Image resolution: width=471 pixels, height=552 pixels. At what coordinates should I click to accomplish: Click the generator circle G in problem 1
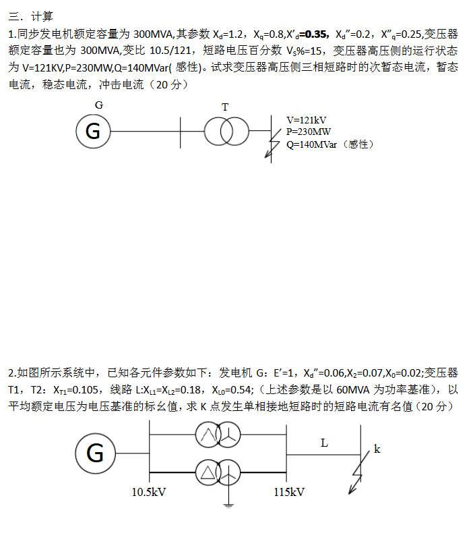point(93,132)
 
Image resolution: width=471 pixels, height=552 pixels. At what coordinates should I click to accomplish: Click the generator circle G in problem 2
point(95,453)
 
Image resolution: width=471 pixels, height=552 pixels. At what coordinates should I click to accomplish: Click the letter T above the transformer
point(225,107)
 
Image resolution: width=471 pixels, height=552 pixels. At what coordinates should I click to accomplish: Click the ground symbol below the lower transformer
point(230,503)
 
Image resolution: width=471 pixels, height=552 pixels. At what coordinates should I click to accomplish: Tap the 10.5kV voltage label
point(149,492)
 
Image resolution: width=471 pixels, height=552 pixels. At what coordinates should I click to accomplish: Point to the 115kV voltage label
point(290,492)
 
